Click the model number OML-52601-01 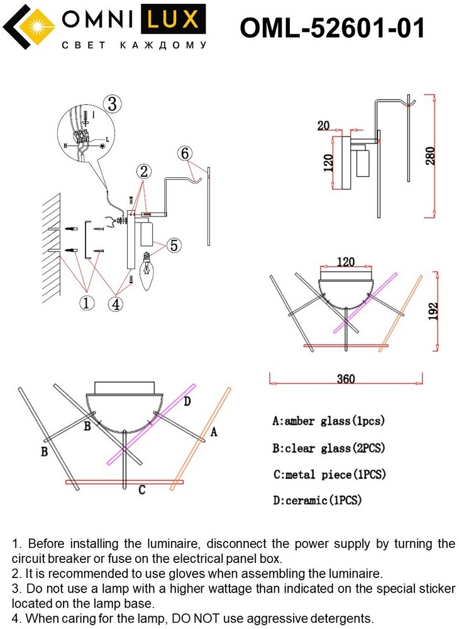tap(333, 28)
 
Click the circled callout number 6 tap(184, 153)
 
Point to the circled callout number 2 tap(144, 171)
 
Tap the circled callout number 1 tap(87, 303)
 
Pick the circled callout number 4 tap(115, 304)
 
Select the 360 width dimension tap(345, 379)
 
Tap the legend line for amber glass tap(328, 421)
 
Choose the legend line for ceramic tap(318, 501)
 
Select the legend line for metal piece tap(329, 474)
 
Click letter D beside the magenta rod tap(187, 402)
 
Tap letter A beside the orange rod tap(213, 432)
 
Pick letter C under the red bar tap(142, 490)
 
